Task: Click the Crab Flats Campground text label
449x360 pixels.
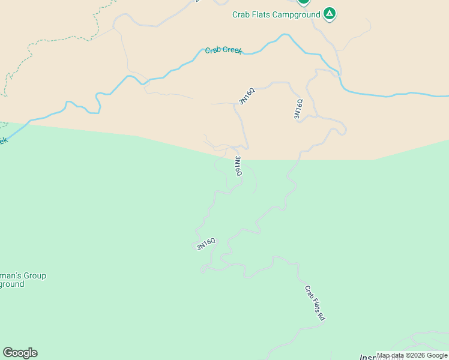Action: (276, 14)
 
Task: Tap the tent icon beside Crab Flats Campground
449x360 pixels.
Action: (329, 13)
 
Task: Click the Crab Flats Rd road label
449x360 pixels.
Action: (315, 303)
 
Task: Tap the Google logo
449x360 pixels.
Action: (20, 353)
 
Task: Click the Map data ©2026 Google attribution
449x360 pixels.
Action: (412, 356)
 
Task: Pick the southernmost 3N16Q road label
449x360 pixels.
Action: (206, 244)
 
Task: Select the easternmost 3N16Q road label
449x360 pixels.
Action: (298, 109)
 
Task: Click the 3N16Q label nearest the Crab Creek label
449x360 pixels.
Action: (247, 96)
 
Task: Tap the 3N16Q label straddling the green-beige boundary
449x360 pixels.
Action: (238, 166)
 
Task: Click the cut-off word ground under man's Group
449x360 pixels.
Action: (12, 284)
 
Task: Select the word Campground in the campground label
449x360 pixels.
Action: (298, 14)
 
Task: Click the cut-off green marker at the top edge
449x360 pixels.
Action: (304, 2)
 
